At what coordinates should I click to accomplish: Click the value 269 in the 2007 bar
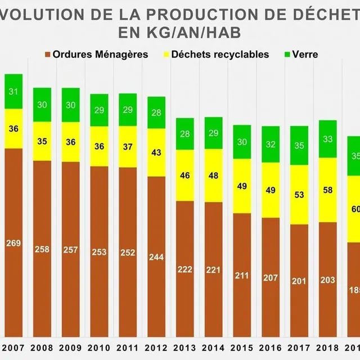pos(13,243)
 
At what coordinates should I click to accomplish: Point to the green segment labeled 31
pos(13,92)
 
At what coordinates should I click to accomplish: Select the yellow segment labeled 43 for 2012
pos(156,152)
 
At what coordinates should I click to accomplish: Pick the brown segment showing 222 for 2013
pos(185,269)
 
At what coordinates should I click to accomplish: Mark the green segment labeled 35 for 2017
pos(299,146)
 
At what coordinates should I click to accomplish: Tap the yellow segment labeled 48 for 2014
pos(214,175)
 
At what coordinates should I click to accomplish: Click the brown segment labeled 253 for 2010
pos(100,252)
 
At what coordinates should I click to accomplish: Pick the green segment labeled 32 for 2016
pos(271,144)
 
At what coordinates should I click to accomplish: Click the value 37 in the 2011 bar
pos(128,146)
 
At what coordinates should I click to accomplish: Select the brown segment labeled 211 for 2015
pos(242,276)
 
